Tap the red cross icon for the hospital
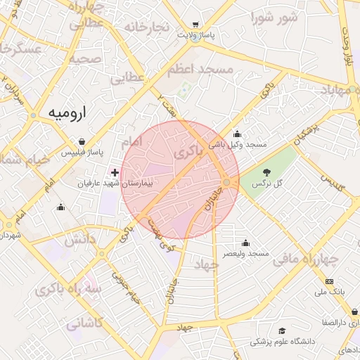(115, 172)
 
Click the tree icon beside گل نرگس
(267, 172)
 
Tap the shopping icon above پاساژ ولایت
(195, 24)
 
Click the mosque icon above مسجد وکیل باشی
(237, 134)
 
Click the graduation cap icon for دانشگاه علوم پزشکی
(282, 330)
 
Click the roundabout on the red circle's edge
(226, 183)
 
